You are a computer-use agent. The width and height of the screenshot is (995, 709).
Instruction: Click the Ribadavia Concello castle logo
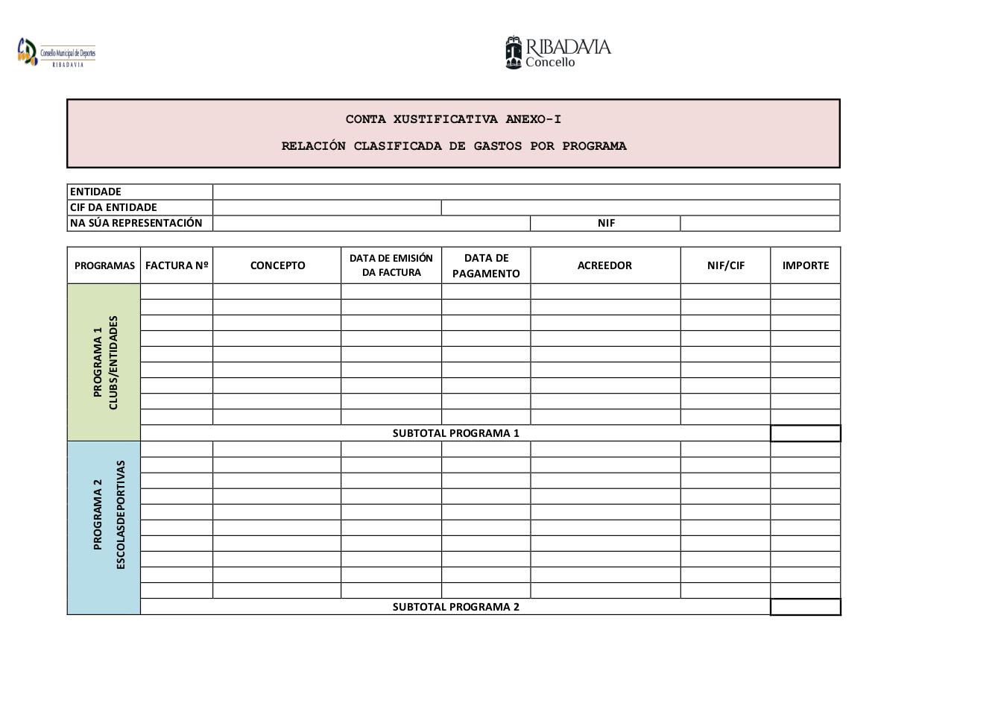pyautogui.click(x=514, y=52)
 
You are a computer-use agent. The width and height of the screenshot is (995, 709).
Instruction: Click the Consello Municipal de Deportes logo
pyautogui.click(x=56, y=53)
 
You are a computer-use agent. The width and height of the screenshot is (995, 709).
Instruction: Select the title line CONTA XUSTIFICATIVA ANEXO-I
pyautogui.click(x=453, y=119)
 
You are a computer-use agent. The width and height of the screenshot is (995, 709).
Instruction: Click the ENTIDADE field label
pyautogui.click(x=95, y=192)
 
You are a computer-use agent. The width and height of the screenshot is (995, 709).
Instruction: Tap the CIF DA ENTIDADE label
pyautogui.click(x=113, y=207)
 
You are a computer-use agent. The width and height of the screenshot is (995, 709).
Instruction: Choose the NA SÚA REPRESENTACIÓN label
pyautogui.click(x=136, y=223)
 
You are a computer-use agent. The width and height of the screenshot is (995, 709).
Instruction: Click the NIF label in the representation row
pyautogui.click(x=606, y=223)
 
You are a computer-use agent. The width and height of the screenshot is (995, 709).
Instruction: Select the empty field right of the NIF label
pyautogui.click(x=759, y=223)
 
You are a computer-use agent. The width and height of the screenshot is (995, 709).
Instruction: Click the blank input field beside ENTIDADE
pyautogui.click(x=526, y=192)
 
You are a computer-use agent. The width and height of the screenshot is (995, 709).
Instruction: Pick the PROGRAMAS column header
pyautogui.click(x=104, y=265)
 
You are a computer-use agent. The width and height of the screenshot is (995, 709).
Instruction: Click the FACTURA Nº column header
pyautogui.click(x=177, y=265)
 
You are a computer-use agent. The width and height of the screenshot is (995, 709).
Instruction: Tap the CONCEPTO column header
pyautogui.click(x=277, y=265)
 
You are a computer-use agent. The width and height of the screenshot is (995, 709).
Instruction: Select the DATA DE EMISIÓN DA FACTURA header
pyautogui.click(x=391, y=265)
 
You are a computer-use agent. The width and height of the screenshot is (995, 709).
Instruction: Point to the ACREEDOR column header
pyautogui.click(x=604, y=265)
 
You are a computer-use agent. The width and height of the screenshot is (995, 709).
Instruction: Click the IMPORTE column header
pyautogui.click(x=806, y=265)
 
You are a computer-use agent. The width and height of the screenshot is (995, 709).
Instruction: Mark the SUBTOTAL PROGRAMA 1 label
pyautogui.click(x=455, y=433)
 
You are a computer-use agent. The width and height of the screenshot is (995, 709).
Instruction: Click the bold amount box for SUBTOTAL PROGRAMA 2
pyautogui.click(x=806, y=607)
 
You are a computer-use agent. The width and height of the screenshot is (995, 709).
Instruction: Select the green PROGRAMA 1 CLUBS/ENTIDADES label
pyautogui.click(x=105, y=362)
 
